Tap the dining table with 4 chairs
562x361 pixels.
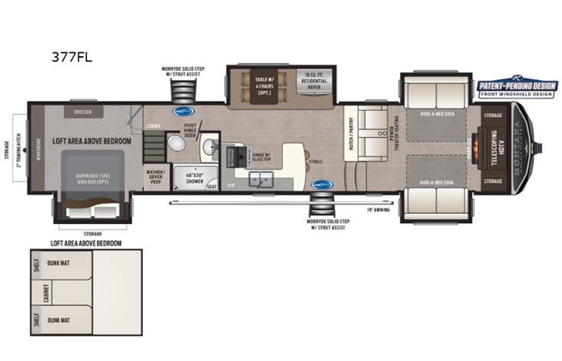pyautogui.click(x=257, y=85)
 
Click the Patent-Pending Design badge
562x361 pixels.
pyautogui.click(x=516, y=90)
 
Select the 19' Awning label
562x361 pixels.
pyautogui.click(x=378, y=209)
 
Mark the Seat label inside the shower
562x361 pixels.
pyautogui.click(x=210, y=185)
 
